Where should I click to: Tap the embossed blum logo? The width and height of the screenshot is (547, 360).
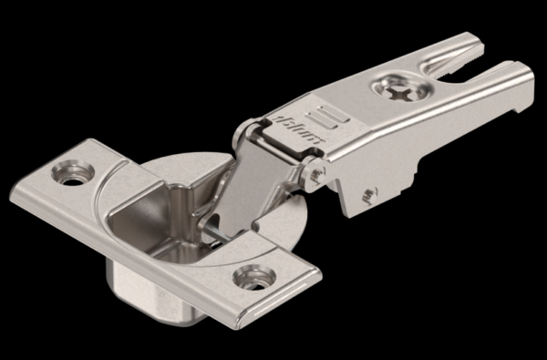pyautogui.click(x=298, y=129)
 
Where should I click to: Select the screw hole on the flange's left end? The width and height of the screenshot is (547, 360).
pyautogui.click(x=73, y=172)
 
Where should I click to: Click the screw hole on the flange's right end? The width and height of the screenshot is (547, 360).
pyautogui.click(x=254, y=277)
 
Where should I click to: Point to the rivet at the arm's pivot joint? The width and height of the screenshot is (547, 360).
pyautogui.click(x=316, y=173)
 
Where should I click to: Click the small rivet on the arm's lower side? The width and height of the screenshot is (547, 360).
pyautogui.click(x=369, y=196)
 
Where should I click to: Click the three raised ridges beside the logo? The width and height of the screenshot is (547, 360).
pyautogui.click(x=328, y=117)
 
